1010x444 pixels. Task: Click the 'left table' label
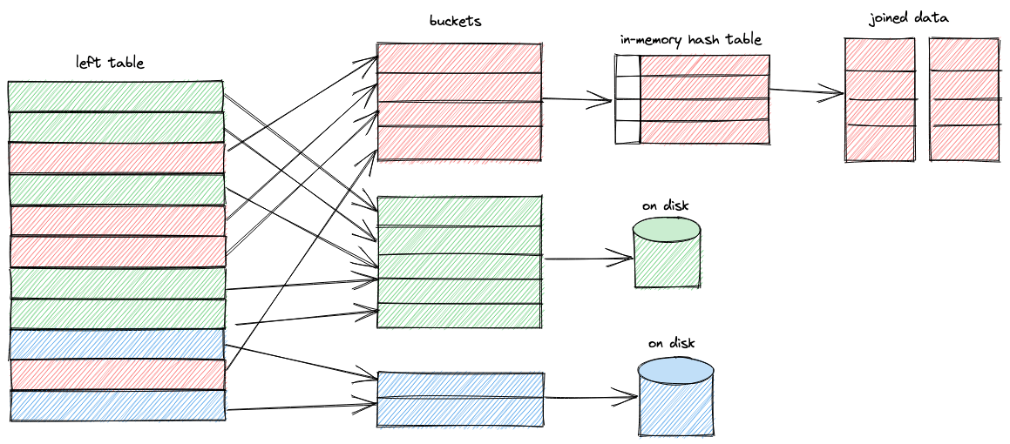click(110, 63)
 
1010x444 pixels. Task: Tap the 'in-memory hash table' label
click(692, 39)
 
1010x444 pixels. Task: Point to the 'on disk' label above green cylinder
click(666, 206)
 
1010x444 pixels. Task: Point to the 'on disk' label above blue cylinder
click(671, 343)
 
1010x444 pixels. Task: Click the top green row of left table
click(116, 96)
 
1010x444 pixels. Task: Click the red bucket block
click(459, 102)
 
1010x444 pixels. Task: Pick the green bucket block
click(459, 262)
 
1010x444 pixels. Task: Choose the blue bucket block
click(461, 400)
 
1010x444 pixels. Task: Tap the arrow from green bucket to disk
click(587, 258)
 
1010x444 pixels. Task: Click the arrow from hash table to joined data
click(806, 92)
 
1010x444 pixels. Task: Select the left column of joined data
click(880, 99)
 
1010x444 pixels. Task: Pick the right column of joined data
click(964, 99)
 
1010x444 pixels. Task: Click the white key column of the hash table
click(627, 99)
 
